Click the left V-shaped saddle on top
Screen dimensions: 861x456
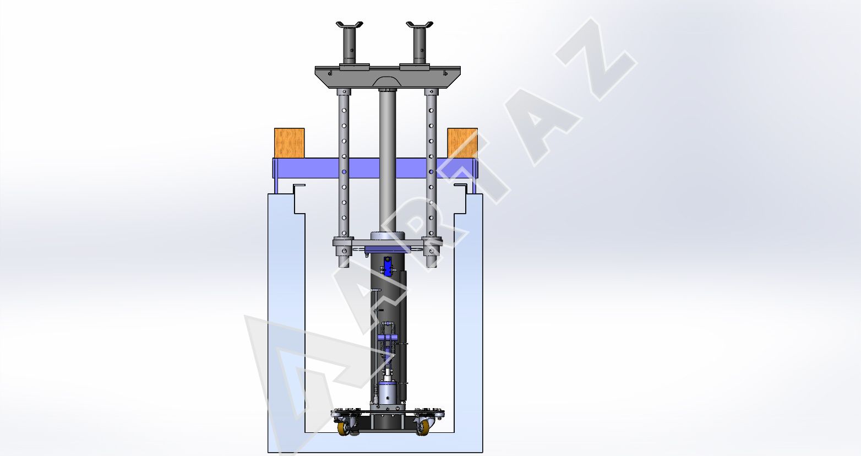pyautogui.click(x=349, y=25)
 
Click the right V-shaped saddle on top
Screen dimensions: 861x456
pyautogui.click(x=419, y=25)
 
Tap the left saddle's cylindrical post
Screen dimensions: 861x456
pyautogui.click(x=349, y=46)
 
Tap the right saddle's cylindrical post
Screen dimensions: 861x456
pyautogui.click(x=419, y=46)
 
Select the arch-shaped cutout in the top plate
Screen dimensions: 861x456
pyautogui.click(x=388, y=81)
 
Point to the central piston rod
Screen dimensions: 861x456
pyautogui.click(x=388, y=161)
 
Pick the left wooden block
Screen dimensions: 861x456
pyautogui.click(x=290, y=143)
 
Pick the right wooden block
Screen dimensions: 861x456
pyautogui.click(x=462, y=143)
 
